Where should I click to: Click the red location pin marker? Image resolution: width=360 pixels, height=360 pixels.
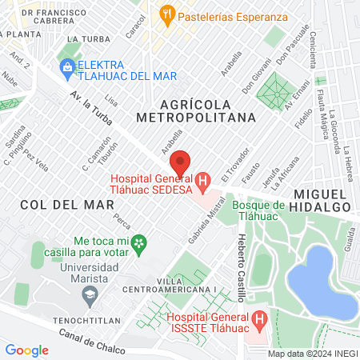click(x=181, y=162)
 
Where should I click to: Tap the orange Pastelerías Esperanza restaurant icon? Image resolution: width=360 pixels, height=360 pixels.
click(x=166, y=13)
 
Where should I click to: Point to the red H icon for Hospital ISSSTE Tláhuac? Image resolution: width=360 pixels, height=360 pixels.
click(x=259, y=321)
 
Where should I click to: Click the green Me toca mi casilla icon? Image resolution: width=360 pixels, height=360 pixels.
click(x=139, y=241)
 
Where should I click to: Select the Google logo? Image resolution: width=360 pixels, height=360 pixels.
click(x=26, y=350)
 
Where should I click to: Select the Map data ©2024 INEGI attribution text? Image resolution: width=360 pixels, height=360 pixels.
click(x=311, y=353)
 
